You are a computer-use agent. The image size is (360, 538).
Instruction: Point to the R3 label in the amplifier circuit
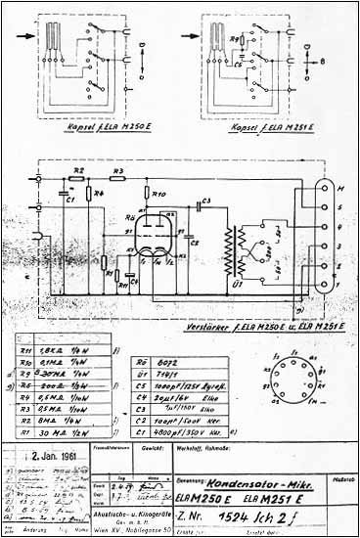click(117, 172)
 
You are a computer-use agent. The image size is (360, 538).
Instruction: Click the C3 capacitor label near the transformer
click(204, 202)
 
